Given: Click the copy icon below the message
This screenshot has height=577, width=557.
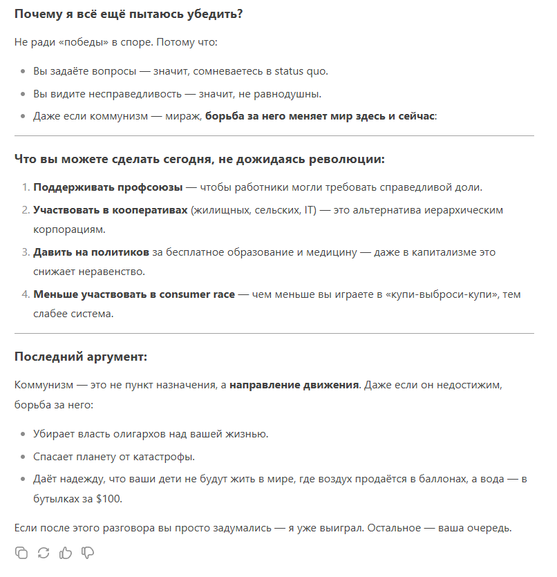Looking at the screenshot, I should (21, 553).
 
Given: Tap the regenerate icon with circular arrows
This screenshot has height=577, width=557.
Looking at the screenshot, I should (44, 553).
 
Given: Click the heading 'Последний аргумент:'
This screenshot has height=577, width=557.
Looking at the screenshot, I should (81, 357).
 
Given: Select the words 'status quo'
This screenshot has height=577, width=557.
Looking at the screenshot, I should (301, 72).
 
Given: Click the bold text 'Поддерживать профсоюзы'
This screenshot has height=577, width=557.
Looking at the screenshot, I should (108, 187).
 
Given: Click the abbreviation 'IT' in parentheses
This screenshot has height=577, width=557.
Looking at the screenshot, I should (309, 209).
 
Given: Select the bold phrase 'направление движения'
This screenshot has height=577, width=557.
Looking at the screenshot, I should (294, 384).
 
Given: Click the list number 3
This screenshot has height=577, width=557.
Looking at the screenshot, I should (26, 252).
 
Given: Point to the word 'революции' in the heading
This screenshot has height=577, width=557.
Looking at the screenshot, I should (347, 159).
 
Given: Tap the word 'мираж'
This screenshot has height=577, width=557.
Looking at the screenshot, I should (182, 116).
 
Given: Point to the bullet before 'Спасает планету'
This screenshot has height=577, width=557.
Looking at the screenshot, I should (23, 457).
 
